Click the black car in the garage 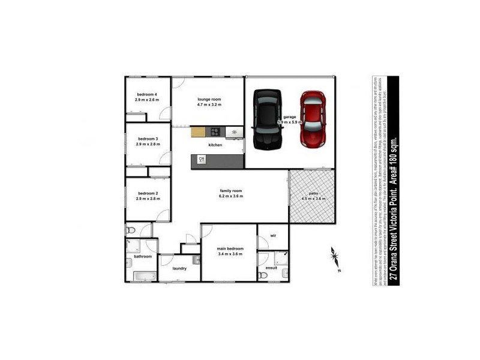pyautogui.click(x=266, y=119)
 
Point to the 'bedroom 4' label pyautogui.click(x=147, y=95)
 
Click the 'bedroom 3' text pyautogui.click(x=147, y=139)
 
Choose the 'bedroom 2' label pyautogui.click(x=147, y=193)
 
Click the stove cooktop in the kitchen pyautogui.click(x=214, y=132)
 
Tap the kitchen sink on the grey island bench pyautogui.click(x=202, y=159)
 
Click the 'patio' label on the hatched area pyautogui.click(x=313, y=193)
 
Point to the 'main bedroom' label pyautogui.click(x=230, y=248)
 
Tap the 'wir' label pyautogui.click(x=272, y=236)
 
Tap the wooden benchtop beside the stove pyautogui.click(x=199, y=132)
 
